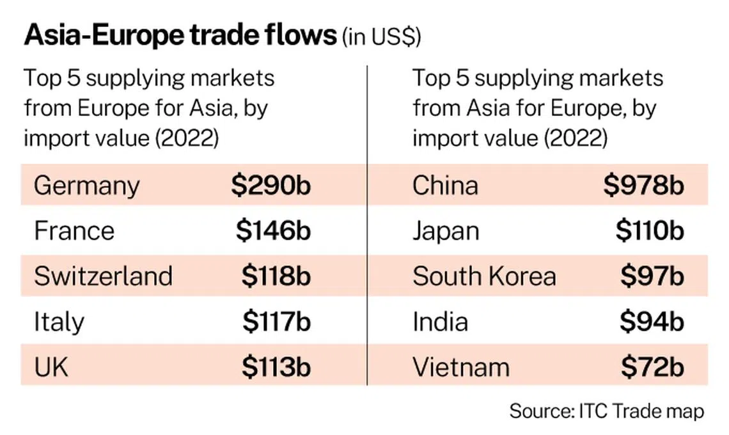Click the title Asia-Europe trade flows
pos(180,36)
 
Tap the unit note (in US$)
pos(382,38)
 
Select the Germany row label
pos(86,186)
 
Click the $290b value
pos(270,186)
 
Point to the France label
pos(74,231)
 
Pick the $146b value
pos(273,231)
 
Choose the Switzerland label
pos(103,276)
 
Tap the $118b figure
pos(276,276)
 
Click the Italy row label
pos(59,322)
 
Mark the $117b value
pos(276,322)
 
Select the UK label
pos(51,367)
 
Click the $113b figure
pos(276,367)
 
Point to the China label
pos(445,186)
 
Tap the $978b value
pos(643,186)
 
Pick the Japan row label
pos(446,231)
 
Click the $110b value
pos(650,231)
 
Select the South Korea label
pos(484,276)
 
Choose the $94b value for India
pos(652,322)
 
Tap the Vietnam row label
pos(461,367)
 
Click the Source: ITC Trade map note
pos(606,411)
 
